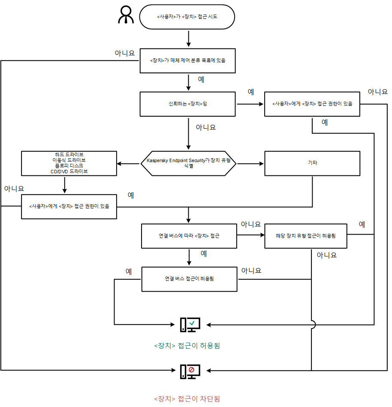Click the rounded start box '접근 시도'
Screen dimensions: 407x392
coord(187,17)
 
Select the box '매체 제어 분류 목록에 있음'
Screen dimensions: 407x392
coord(188,60)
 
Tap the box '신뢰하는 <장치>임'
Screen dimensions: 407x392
coord(188,104)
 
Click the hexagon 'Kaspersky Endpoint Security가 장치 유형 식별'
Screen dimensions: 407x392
coord(188,163)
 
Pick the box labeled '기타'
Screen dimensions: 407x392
coord(312,163)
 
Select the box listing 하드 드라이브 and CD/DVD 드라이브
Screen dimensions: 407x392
coord(69,163)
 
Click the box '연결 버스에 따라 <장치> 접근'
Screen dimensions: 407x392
coord(189,236)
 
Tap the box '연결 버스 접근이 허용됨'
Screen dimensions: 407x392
coord(189,279)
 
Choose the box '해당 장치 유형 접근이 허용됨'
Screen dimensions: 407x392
coord(305,236)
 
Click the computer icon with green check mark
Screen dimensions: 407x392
coord(190,325)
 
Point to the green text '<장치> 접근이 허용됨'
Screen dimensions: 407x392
coord(187,345)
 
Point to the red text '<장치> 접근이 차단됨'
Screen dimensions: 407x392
coord(187,398)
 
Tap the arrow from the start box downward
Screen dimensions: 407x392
coord(188,39)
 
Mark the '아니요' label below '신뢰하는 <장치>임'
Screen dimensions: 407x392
coord(205,127)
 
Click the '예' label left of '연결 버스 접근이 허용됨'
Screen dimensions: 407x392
coord(128,271)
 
